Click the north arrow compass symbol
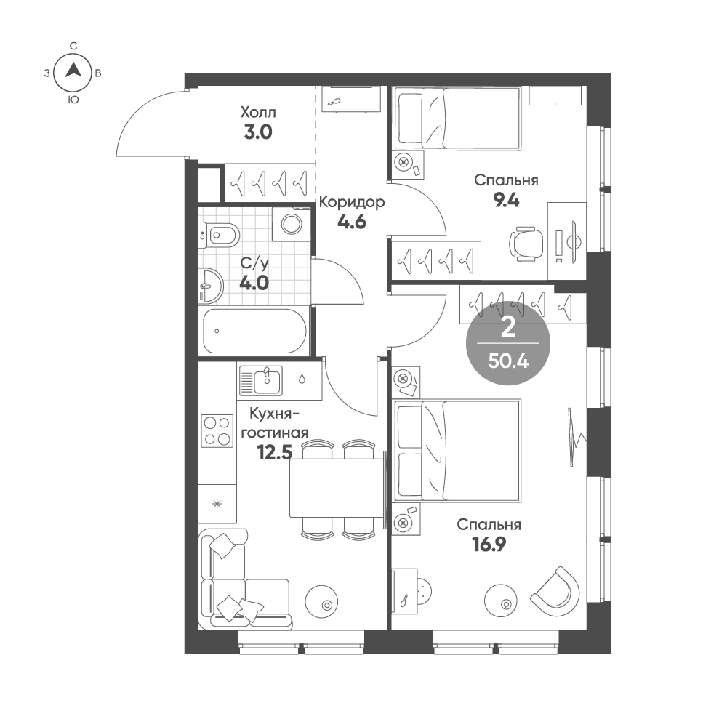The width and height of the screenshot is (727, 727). pos(73,71)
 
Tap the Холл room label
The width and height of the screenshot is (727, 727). pos(259,113)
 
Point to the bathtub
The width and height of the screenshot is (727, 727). pos(254,332)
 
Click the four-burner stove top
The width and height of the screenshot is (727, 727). pos(217,430)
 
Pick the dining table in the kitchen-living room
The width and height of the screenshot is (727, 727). pos(336,488)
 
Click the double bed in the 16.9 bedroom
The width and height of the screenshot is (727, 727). pos(457,451)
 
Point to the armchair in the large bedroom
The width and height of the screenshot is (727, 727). pos(556,589)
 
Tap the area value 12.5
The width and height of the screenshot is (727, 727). pos(273,453)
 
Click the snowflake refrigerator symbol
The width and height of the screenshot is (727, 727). pos(216,504)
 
